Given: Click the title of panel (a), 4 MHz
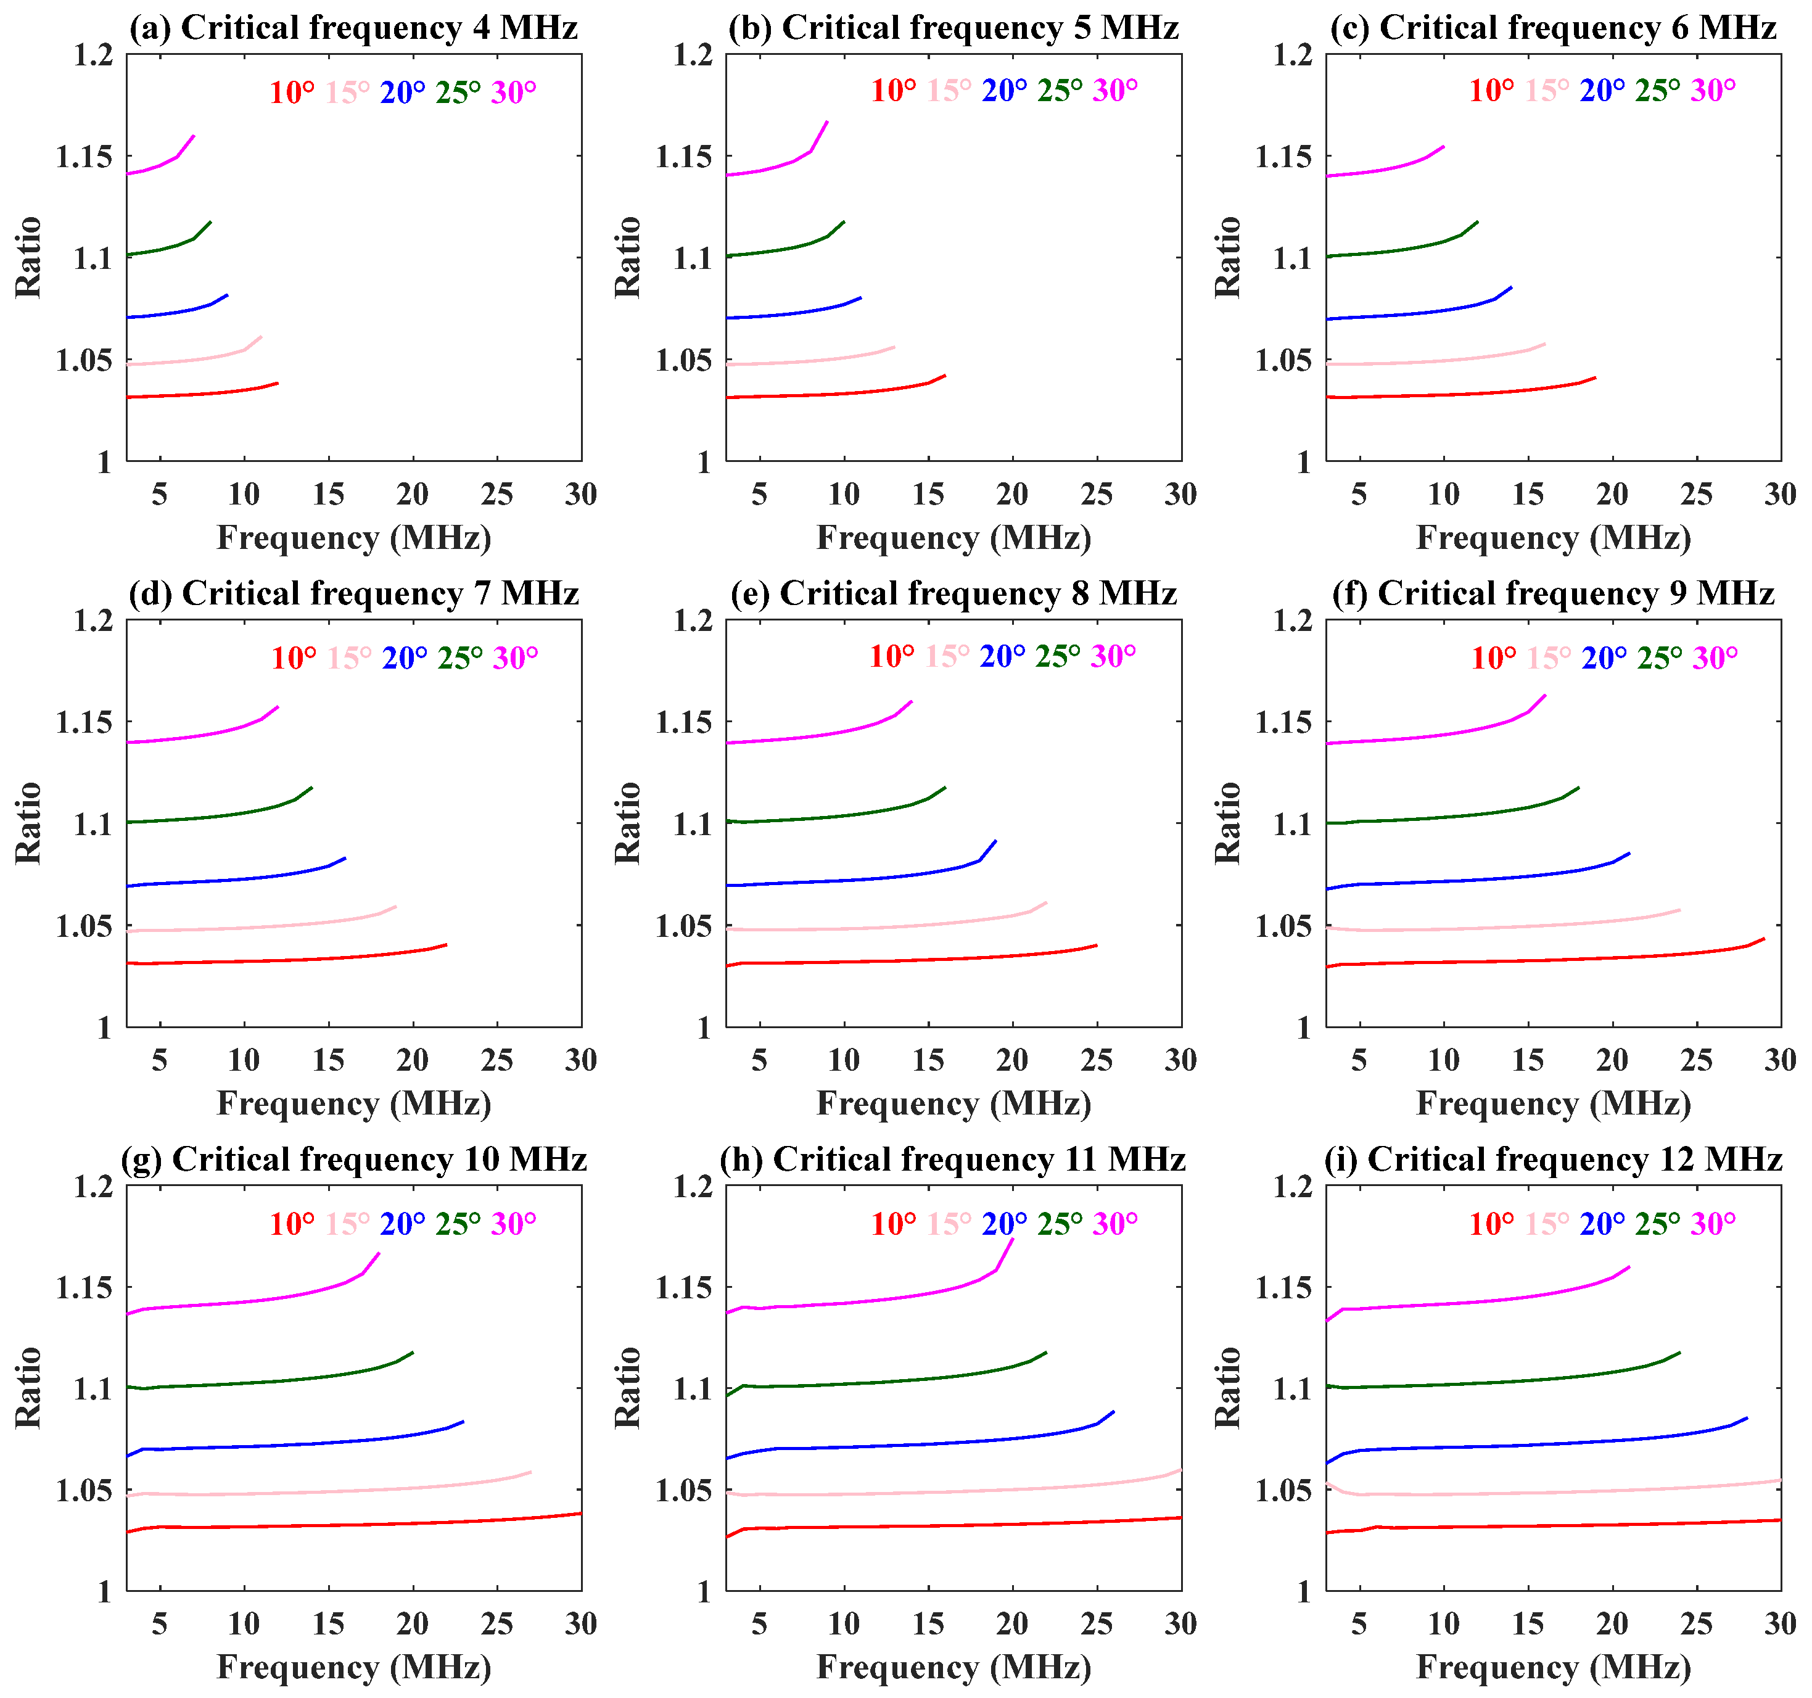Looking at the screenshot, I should [353, 27].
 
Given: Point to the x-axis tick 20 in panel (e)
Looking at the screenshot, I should [1011, 1060].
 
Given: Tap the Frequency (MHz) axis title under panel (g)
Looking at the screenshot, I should [353, 1667].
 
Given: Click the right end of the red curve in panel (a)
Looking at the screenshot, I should [277, 383].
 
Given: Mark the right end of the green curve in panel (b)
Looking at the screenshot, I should [844, 221].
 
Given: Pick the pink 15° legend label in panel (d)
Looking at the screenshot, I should [349, 658].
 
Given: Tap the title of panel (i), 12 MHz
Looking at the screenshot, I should [1552, 1160].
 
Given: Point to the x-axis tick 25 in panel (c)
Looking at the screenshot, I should [1696, 495].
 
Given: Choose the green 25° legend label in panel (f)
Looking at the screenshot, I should [1659, 658].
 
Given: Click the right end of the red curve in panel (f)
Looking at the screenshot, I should [1765, 939].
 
